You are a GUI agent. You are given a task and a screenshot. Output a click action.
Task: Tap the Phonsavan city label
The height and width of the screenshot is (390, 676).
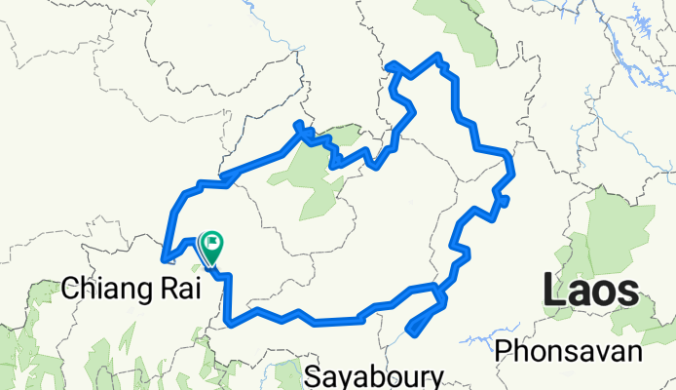569,351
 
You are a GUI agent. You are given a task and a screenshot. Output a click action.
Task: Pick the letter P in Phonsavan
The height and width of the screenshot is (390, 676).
504,351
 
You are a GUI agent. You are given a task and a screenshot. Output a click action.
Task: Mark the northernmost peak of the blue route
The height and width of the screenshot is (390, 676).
439,56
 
